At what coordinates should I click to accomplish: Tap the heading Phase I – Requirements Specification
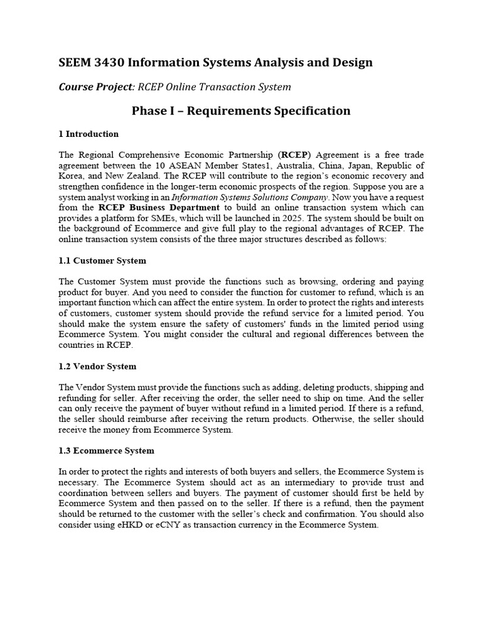pos(241,111)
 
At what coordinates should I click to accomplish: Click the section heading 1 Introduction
pos(88,134)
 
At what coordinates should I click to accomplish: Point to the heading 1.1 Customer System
pos(102,261)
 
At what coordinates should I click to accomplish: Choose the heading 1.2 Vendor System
pos(97,366)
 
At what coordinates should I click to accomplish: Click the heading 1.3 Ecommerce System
pos(106,451)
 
